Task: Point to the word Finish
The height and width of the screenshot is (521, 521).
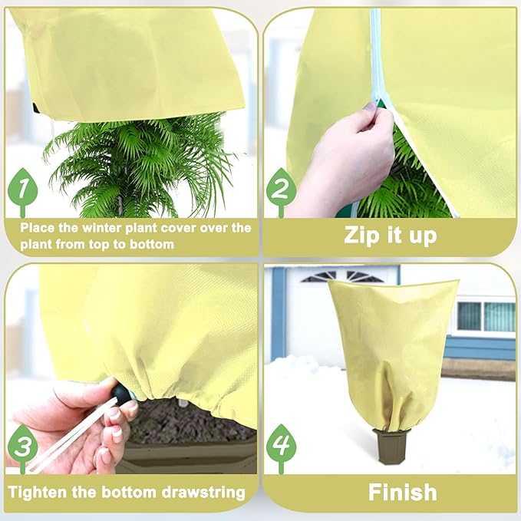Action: pyautogui.click(x=402, y=492)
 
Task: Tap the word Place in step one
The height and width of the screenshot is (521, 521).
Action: pyautogui.click(x=38, y=228)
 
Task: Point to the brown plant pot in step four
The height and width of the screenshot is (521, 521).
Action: pyautogui.click(x=392, y=445)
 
